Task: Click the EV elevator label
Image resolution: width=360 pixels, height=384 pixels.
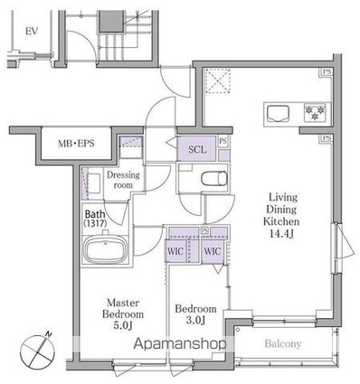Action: (x=32, y=31)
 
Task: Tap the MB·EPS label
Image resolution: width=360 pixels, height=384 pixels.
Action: (x=76, y=144)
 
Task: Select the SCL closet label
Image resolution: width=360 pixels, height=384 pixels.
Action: (x=197, y=149)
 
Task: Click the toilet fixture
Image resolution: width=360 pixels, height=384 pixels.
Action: (x=213, y=179)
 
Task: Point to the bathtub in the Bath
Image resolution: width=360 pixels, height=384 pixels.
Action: (x=105, y=249)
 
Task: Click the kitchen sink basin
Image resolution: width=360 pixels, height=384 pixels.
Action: (x=279, y=114)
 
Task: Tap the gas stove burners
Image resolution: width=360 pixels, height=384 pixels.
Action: (x=316, y=113)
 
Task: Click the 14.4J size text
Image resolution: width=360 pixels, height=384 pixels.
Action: (x=281, y=234)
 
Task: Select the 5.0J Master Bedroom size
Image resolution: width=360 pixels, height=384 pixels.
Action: (x=124, y=325)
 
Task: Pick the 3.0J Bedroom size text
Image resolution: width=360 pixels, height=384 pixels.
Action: (x=195, y=320)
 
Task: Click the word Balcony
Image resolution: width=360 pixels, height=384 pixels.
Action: (x=283, y=343)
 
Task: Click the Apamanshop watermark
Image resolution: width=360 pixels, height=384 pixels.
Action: (x=179, y=343)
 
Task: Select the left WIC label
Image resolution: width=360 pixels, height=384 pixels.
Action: (x=175, y=251)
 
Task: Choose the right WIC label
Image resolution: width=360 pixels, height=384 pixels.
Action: (x=213, y=251)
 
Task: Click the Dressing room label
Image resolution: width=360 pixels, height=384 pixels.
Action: (x=123, y=180)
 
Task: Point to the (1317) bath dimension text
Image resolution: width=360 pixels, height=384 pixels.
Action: (x=95, y=223)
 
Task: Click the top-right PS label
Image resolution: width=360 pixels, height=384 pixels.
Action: (x=327, y=72)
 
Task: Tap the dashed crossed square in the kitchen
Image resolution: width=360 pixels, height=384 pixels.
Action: (x=218, y=81)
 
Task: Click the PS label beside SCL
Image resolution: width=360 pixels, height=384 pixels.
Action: (x=223, y=141)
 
